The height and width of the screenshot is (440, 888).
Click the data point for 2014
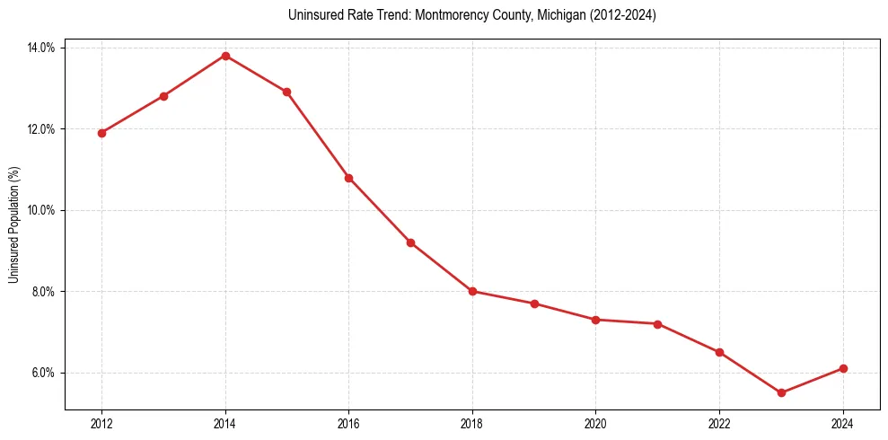click(225, 56)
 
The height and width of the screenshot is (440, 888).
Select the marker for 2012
click(101, 133)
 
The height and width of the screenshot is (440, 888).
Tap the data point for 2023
click(781, 392)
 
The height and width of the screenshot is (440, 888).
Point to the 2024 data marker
click(843, 368)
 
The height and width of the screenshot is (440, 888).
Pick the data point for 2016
click(348, 178)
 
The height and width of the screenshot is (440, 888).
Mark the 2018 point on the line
click(472, 291)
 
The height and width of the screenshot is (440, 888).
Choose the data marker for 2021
click(657, 324)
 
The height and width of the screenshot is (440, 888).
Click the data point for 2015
click(286, 92)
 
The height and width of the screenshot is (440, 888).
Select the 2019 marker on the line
click(534, 304)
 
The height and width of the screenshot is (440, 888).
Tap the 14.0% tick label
click(42, 48)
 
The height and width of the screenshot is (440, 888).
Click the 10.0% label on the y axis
click(42, 210)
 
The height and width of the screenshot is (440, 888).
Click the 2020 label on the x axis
click(595, 424)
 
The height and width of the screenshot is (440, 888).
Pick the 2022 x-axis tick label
click(719, 424)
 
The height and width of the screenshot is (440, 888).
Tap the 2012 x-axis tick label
click(101, 424)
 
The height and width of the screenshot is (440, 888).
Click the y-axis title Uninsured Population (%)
click(13, 224)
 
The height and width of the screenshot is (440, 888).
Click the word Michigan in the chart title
click(558, 15)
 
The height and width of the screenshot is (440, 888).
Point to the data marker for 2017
click(410, 242)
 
